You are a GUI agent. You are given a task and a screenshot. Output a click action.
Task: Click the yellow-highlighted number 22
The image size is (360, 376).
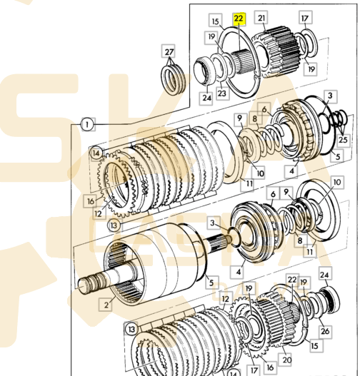pos(239,19)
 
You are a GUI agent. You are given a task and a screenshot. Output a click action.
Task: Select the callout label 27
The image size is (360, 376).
pos(169,51)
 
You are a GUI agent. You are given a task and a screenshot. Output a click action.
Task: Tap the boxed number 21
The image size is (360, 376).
pos(261,18)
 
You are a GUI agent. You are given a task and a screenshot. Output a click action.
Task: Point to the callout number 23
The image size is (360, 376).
pos(221,92)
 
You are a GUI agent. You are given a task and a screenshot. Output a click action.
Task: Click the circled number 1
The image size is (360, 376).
pos(87,125)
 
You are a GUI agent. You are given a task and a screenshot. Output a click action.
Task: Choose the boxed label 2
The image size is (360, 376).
pos(106,305)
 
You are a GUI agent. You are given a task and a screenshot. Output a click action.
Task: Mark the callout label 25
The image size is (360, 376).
pos(342,139)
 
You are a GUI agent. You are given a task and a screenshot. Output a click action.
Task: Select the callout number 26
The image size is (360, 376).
pos(325,331)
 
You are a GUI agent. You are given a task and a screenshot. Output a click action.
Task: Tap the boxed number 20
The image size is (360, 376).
pos(286,360)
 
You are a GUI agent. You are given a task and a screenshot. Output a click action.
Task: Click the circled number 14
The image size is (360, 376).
pos(96,153)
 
